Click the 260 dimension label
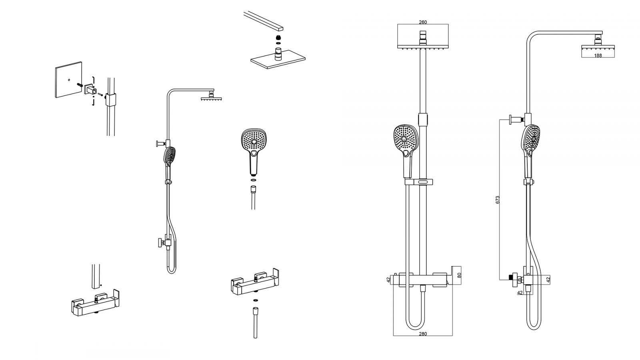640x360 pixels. (x=422, y=22)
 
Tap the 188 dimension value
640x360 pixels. (x=598, y=56)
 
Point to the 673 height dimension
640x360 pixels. (x=498, y=200)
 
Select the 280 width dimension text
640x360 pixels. (x=422, y=334)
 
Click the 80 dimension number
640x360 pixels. (x=460, y=275)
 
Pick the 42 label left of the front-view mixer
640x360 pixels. (x=388, y=280)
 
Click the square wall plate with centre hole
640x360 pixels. (x=68, y=80)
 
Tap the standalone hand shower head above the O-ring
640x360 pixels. (x=254, y=152)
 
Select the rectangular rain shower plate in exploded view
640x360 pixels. (x=278, y=60)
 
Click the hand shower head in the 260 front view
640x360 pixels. (x=406, y=150)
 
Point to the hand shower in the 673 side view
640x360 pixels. (x=530, y=152)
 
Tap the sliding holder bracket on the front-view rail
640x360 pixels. (x=418, y=182)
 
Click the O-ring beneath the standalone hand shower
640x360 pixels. (x=254, y=180)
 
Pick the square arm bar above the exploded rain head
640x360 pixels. (x=263, y=21)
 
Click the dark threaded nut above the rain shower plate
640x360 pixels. (x=278, y=37)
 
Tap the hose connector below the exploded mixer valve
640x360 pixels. (x=255, y=323)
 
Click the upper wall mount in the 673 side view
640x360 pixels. (x=516, y=120)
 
